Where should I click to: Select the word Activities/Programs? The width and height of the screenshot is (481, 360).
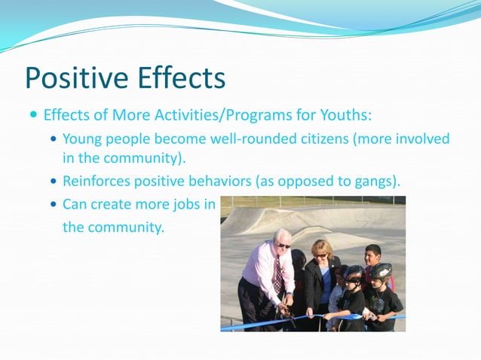[x=202, y=117]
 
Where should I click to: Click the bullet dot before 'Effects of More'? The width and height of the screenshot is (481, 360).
[x=33, y=117]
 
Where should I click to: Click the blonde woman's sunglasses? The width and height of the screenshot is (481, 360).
[x=320, y=255]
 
